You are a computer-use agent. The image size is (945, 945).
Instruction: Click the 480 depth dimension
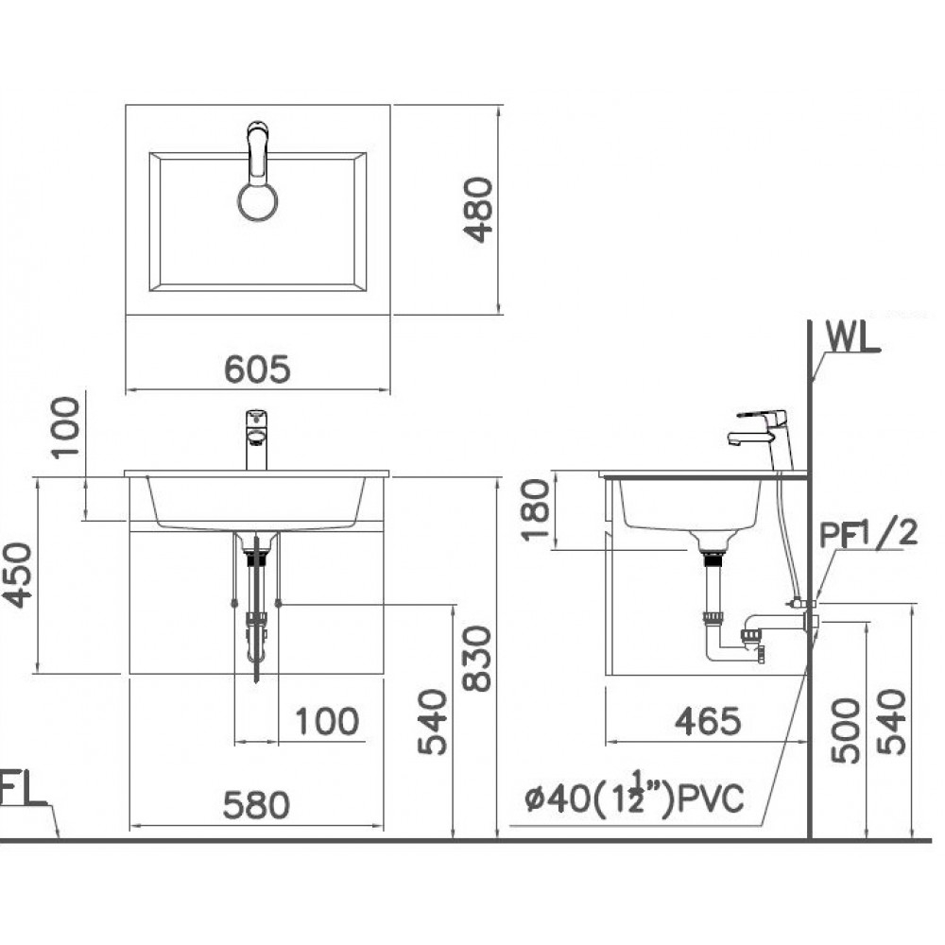480,209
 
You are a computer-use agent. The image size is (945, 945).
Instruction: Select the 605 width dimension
257,369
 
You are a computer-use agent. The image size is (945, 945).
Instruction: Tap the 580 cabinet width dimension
256,806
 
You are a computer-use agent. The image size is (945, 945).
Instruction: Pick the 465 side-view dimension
707,721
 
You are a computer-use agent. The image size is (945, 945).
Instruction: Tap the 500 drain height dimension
845,730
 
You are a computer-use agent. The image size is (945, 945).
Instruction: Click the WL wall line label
853,335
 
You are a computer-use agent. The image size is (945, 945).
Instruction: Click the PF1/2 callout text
868,534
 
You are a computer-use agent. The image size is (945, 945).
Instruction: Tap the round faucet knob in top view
257,201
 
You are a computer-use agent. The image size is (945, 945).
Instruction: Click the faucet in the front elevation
256,438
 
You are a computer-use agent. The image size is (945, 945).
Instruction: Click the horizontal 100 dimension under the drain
327,721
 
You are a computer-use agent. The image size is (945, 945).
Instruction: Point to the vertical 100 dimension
67,427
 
